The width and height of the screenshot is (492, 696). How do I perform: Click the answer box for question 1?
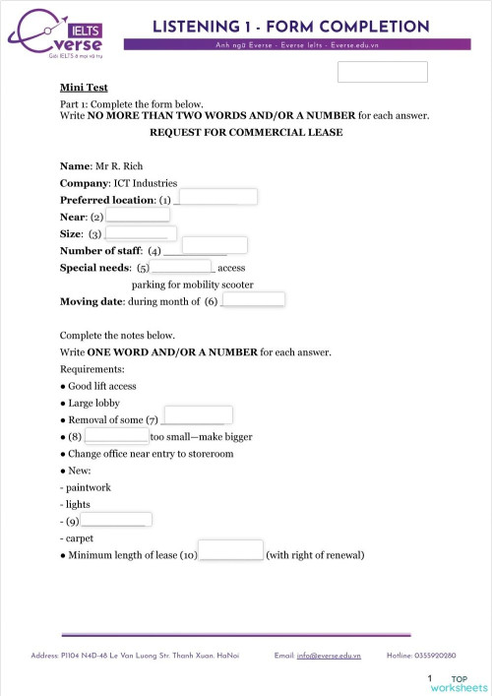pyautogui.click(x=219, y=197)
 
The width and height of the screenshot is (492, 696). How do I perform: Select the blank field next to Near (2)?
pyautogui.click(x=138, y=214)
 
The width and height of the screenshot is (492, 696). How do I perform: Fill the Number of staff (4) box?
pyautogui.click(x=215, y=245)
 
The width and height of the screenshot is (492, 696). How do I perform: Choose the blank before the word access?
pyautogui.click(x=184, y=265)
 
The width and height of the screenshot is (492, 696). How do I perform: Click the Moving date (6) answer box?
pyautogui.click(x=254, y=299)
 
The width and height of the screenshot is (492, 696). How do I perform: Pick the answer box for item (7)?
pyautogui.click(x=199, y=414)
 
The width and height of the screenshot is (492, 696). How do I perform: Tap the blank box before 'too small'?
pyautogui.click(x=117, y=434)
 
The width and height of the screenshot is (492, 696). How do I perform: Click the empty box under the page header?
pyautogui.click(x=382, y=72)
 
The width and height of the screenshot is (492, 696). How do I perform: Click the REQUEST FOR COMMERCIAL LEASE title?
pyautogui.click(x=246, y=133)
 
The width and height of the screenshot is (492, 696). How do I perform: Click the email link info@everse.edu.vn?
pyautogui.click(x=329, y=655)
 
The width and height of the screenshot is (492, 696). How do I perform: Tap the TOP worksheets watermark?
pyautogui.click(x=465, y=683)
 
